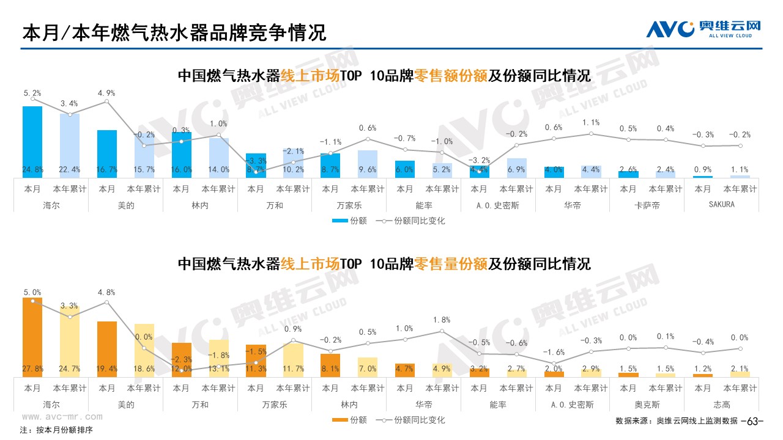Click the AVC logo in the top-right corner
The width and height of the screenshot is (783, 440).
click(703, 29)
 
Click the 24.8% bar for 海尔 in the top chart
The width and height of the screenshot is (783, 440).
click(32, 142)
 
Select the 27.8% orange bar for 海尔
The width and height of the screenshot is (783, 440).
click(32, 337)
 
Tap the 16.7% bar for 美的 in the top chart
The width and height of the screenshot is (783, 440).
click(107, 153)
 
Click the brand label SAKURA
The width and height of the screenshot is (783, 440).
click(721, 205)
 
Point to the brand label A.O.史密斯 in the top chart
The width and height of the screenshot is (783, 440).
click(497, 205)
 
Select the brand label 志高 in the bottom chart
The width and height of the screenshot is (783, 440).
click(721, 405)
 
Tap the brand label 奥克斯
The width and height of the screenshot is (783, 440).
click(647, 405)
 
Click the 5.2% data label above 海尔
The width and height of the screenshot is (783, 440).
click(32, 93)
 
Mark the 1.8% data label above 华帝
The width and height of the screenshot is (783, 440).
click(442, 320)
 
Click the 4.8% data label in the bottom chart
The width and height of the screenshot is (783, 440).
click(107, 292)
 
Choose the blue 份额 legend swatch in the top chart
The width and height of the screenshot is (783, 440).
click(340, 221)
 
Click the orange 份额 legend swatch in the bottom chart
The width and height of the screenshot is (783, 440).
click(340, 420)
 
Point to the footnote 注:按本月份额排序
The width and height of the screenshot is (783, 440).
click(56, 430)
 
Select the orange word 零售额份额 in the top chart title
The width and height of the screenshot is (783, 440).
click(451, 76)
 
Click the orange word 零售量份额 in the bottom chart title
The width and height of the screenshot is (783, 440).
click(451, 264)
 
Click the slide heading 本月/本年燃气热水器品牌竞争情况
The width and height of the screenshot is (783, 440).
click(174, 33)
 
